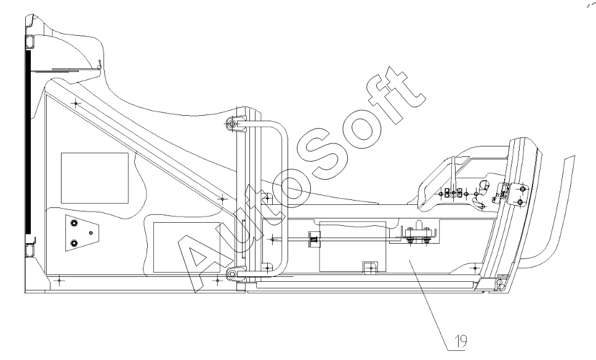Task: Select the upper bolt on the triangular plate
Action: pos(74,223)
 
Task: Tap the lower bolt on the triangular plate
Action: pos(74,242)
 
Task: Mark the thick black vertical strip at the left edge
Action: pos(28,142)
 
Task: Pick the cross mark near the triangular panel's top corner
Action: pos(76,103)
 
